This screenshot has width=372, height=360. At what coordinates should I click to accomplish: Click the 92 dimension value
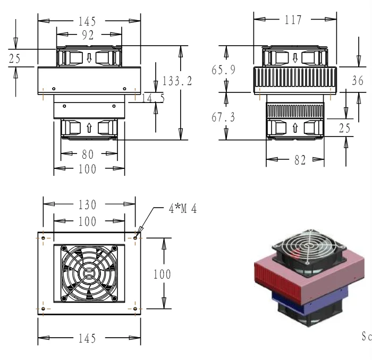tap(88, 35)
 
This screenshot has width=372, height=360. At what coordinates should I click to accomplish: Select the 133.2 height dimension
tap(177, 81)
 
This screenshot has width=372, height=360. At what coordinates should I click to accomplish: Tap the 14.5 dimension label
tap(153, 98)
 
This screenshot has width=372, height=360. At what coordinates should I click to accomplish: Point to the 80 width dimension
tap(88, 155)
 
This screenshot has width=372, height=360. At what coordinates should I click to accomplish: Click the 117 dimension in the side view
tap(293, 20)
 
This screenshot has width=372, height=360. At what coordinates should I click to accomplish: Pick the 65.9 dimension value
tap(224, 70)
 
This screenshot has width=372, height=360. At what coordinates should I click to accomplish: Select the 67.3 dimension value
tap(223, 117)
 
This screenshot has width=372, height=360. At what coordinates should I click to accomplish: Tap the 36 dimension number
tap(358, 81)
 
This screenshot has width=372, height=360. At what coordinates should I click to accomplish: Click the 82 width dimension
tap(300, 160)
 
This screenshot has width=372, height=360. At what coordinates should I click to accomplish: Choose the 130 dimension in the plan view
tap(87, 205)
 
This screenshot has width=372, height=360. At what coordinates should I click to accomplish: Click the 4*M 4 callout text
tap(183, 209)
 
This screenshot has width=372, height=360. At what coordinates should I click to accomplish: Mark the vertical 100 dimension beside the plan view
tap(162, 274)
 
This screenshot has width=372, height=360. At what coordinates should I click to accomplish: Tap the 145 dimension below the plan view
tap(87, 338)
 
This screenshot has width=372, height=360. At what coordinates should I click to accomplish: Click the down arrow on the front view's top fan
tap(89, 58)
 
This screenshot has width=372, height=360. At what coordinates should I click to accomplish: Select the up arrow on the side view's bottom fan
tap(295, 128)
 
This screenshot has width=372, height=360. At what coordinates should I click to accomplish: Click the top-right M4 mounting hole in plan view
tap(135, 238)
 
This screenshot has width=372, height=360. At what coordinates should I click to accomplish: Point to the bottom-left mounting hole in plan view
tap(43, 308)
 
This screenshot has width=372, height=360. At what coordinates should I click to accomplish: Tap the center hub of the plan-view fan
tap(89, 273)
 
